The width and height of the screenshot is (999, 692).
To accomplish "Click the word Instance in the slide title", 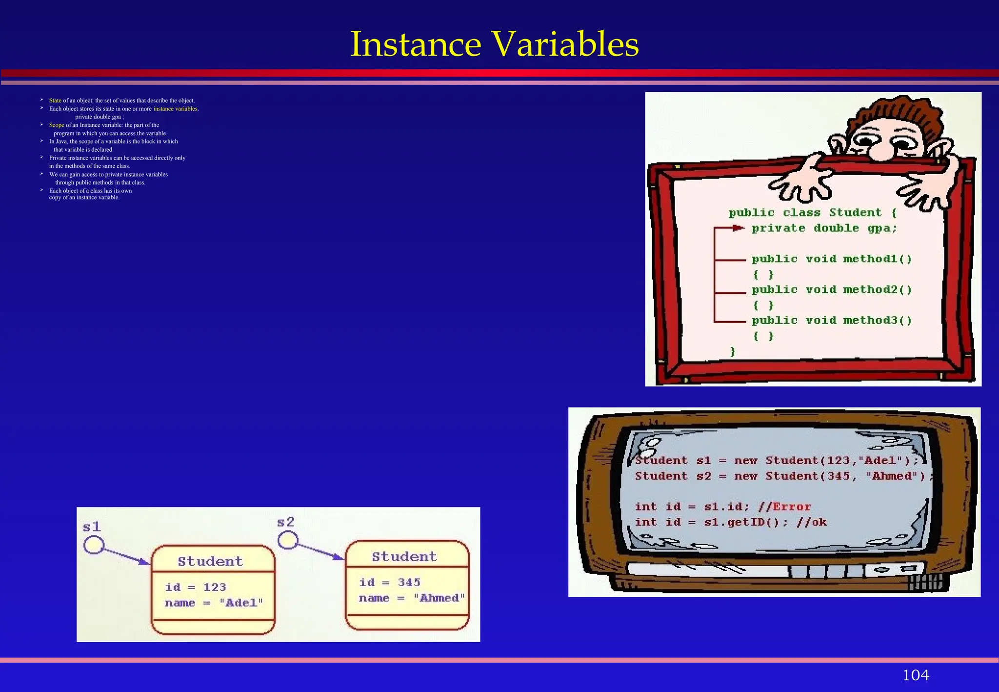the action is coord(416,44).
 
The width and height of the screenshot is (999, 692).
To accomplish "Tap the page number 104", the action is coord(916,675).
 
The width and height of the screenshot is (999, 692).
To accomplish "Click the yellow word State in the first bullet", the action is coord(55,101).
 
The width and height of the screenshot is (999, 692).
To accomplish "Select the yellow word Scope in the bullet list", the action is coord(57,125).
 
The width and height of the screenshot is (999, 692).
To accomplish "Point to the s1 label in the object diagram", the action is coord(92,527).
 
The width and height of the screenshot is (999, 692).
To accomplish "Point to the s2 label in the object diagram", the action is coord(286,522).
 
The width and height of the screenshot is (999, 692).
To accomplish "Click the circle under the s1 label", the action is coord(94,545).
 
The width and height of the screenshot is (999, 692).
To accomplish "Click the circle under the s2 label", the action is coord(288,540).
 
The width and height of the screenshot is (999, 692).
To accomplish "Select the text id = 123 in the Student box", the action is coord(196,587).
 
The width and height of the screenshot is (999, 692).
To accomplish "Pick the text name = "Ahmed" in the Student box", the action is coord(412,598).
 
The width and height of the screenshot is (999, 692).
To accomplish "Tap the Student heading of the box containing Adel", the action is coord(210,562).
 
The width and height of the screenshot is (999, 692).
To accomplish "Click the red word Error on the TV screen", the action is coord(792,507).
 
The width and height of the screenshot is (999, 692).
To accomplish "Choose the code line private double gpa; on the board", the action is coord(824,228).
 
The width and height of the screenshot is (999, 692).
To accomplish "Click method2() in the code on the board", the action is coord(877,290).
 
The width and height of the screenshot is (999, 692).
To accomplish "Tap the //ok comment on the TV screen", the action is coord(812,523).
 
